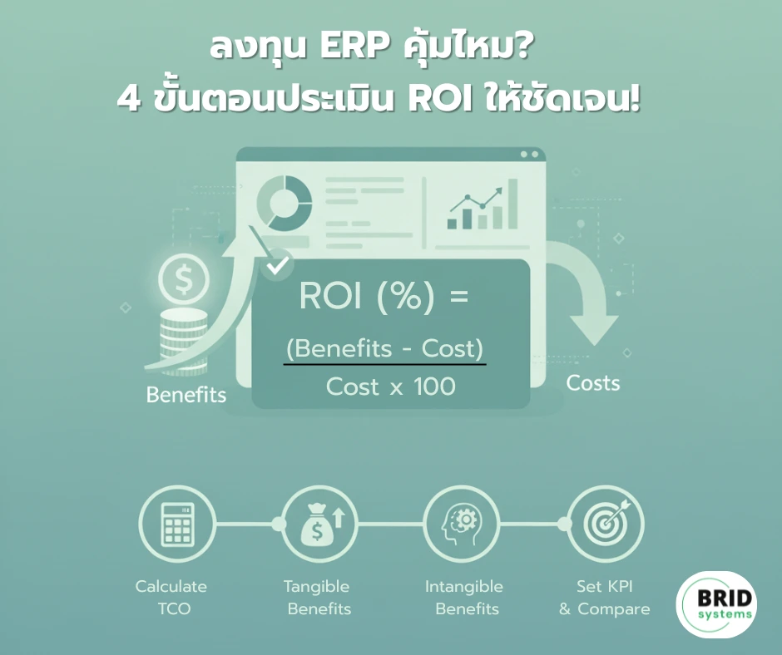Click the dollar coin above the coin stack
[184, 279]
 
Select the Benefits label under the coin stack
[186, 395]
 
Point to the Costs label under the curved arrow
[593, 383]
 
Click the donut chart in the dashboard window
[285, 203]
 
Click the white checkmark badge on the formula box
[277, 264]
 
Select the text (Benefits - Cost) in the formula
[384, 348]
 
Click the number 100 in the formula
[434, 387]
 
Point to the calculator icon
[177, 524]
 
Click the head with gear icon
[462, 524]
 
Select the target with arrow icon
[607, 524]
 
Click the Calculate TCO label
[171, 597]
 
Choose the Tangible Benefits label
[318, 597]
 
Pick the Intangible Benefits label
[464, 597]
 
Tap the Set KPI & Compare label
[605, 597]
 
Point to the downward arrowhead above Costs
[593, 328]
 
